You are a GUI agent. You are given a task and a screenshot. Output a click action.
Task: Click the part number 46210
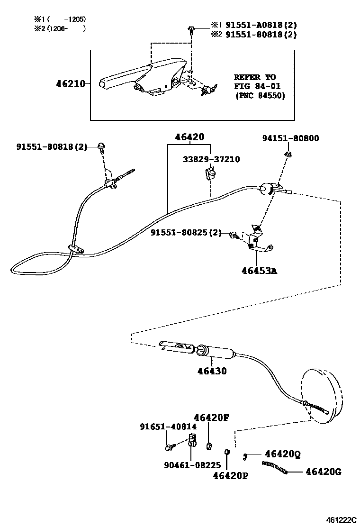click(71, 84)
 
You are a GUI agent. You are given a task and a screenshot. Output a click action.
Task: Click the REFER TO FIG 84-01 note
click(261, 86)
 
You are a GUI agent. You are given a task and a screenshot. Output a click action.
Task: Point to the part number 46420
click(189, 137)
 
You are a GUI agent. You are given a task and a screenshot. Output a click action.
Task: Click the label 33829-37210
click(211, 159)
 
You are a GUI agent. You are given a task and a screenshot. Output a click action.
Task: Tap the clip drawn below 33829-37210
click(209, 175)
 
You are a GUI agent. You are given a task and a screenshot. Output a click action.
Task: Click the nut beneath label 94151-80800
click(288, 154)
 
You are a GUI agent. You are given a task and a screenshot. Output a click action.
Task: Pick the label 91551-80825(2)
click(186, 233)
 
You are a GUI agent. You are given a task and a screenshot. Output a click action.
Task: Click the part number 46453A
click(259, 271)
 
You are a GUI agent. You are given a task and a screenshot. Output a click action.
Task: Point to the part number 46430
click(212, 371)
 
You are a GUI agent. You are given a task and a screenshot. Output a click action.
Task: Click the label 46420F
click(212, 418)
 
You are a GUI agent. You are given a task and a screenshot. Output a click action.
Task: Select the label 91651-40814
click(168, 427)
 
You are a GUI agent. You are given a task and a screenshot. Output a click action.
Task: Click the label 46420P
click(231, 475)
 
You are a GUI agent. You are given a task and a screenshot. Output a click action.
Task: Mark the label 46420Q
click(283, 454)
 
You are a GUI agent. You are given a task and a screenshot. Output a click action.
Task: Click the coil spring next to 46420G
click(275, 467)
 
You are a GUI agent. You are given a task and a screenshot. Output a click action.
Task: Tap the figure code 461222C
click(341, 520)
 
